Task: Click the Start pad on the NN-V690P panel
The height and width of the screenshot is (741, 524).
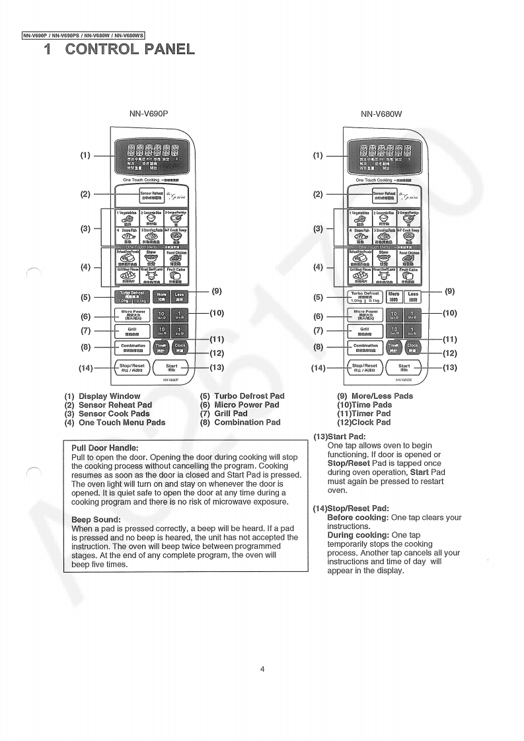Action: point(171,367)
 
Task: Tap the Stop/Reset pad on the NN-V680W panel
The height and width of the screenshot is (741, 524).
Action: point(365,367)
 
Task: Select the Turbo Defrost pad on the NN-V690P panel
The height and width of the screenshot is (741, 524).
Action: point(133,297)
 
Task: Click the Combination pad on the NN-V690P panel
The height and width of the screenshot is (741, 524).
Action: point(133,347)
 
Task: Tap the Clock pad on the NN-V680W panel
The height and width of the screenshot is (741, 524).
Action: point(413,347)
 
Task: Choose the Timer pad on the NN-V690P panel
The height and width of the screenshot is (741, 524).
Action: point(161,347)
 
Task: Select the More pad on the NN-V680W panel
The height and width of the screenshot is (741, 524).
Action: point(394,297)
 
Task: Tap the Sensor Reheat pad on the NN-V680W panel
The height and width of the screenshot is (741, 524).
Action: point(384,195)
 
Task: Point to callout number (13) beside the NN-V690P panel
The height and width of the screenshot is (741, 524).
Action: point(217,367)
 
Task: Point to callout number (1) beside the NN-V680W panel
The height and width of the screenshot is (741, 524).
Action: point(318,156)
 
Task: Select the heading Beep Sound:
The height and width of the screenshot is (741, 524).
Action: point(96,520)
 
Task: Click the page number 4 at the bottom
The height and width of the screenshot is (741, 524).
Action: point(262,669)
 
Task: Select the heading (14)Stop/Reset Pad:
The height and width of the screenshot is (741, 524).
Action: point(351,508)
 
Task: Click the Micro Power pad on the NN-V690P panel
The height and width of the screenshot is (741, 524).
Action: point(133,314)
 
